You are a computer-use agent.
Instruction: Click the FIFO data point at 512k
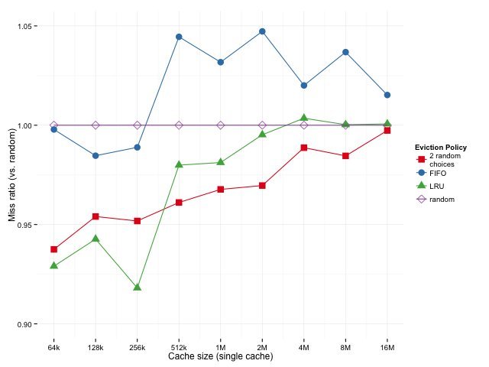179,37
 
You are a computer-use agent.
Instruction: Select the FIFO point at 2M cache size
262,31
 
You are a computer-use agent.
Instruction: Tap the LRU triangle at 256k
138,287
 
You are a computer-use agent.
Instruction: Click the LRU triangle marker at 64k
54,266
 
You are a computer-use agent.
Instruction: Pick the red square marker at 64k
54,249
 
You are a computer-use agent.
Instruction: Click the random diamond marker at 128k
96,125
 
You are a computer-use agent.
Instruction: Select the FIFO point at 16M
387,95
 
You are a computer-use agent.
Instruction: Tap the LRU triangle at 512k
179,164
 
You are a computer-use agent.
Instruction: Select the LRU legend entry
436,186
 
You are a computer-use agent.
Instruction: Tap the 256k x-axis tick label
138,348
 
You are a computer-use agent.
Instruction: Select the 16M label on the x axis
387,348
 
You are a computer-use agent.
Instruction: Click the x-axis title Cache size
220,357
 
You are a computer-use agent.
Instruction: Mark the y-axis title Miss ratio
11,175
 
